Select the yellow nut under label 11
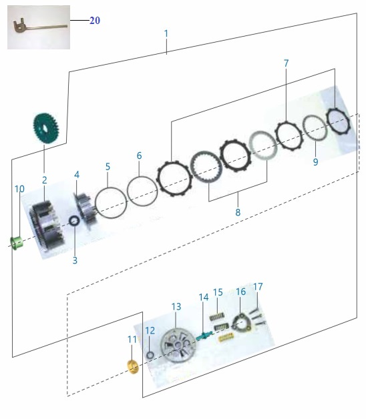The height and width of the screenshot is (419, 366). coord(133,367)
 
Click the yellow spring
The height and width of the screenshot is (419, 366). coord(226,338)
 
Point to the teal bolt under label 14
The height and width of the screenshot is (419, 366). coord(204,335)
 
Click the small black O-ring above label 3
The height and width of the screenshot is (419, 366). coord(74,221)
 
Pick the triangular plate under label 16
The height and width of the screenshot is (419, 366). coord(242,323)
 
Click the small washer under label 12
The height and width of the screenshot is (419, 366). coord(150,355)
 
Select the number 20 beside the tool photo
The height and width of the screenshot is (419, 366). coord(95,21)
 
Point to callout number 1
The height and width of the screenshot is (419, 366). coord(166,33)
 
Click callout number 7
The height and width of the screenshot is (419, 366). coord(287,63)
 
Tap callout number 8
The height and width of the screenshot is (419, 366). coord(238,212)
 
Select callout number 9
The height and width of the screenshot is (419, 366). coord(316,162)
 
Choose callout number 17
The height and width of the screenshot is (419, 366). coord(258,287)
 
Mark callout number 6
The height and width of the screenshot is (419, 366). coord(139,155)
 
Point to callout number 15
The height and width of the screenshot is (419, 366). coord(218,292)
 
